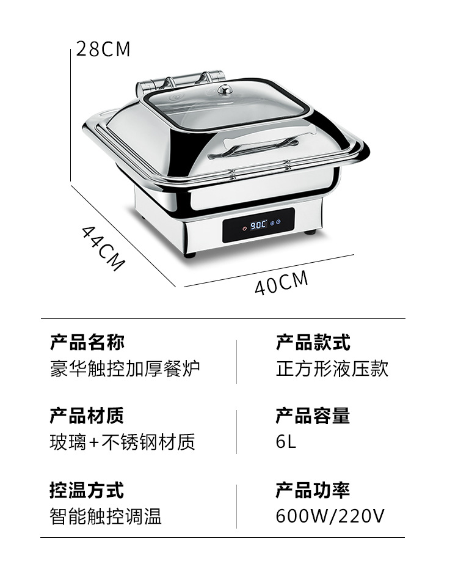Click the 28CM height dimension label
(104, 49)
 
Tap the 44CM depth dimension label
(103, 248)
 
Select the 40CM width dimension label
(281, 283)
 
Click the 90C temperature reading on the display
(258, 225)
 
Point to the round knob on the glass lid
(225, 90)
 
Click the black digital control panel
(258, 225)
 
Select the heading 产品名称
(87, 342)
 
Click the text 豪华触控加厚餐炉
(125, 369)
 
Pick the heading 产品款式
(313, 342)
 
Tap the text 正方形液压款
(332, 369)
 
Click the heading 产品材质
(87, 416)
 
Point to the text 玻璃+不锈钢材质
(122, 442)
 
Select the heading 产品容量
(313, 416)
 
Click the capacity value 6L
(286, 442)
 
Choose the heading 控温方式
(87, 490)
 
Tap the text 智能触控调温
(106, 516)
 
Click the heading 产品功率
(313, 490)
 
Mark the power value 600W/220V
(330, 516)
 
